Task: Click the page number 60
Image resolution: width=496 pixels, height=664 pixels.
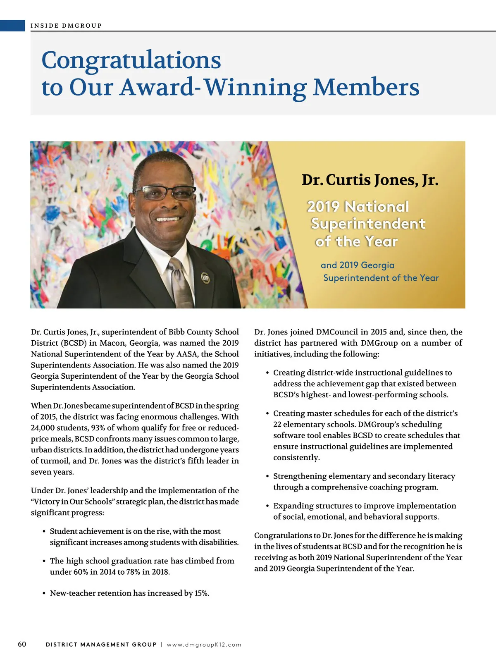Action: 22,644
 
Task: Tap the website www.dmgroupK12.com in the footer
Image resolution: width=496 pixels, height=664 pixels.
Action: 204,645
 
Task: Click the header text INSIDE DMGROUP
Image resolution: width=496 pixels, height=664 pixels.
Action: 66,26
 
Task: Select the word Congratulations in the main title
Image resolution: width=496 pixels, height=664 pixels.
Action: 131,60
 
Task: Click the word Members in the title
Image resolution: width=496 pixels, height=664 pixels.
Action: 366,87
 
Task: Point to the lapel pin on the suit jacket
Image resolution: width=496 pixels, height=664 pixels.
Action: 205,278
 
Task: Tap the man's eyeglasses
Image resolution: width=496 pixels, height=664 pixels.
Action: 165,193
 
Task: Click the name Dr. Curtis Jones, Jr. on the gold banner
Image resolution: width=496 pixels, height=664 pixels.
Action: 370,180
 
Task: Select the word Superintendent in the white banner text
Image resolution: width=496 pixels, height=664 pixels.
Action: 368,224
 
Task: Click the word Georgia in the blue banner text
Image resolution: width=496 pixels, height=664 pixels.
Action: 378,265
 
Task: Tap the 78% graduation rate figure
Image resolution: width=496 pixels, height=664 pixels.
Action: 134,572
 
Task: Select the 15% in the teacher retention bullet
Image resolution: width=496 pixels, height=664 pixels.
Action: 201,593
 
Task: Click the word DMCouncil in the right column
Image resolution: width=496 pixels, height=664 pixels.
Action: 337,332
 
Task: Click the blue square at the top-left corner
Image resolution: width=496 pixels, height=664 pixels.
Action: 12,26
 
